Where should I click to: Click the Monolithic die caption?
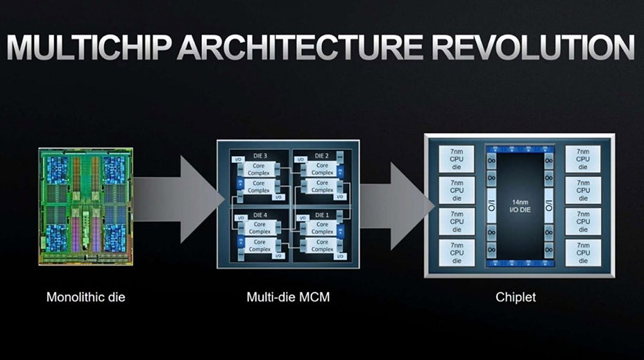point(86,297)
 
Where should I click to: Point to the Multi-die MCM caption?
point(288,297)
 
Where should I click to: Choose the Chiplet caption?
point(516,297)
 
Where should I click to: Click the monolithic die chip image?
point(86,206)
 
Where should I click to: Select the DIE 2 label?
point(322,156)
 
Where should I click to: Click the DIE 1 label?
point(322,215)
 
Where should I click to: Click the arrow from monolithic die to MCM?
point(180,199)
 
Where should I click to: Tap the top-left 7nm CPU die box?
point(457,159)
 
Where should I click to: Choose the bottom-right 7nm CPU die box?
point(583,252)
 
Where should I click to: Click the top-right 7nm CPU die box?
point(583,159)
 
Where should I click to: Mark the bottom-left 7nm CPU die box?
point(457,252)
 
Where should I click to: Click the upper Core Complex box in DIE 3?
point(259,169)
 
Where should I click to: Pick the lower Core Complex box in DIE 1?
point(322,245)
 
